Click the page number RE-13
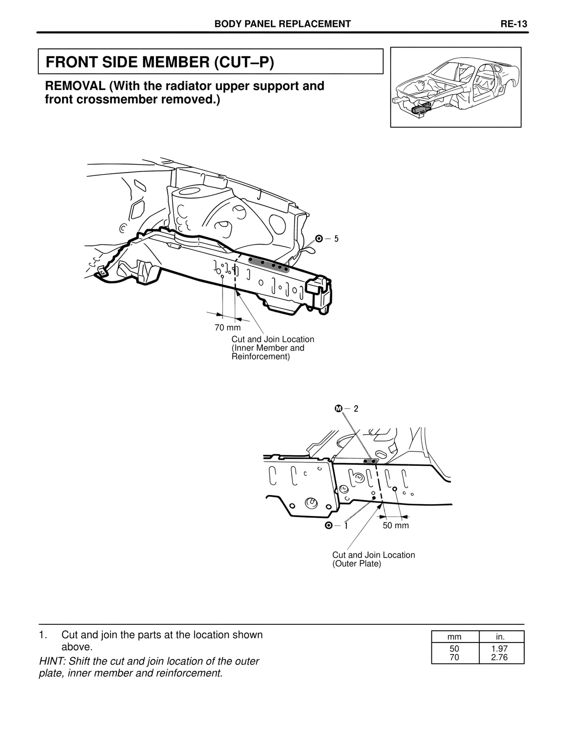pos(514,24)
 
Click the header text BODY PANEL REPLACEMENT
pos(283,24)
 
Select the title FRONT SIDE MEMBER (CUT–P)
pos(160,62)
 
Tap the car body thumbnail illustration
pos(456,87)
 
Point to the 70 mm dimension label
pos(228,328)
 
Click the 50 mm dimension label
pos(396,525)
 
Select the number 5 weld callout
pos(336,239)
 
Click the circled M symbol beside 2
pos(339,409)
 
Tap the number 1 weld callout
pos(346,526)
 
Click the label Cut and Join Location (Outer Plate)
pos(373,559)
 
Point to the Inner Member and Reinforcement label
pos(267,352)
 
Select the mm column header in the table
pos(454,637)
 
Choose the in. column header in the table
pos(500,637)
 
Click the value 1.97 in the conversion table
pos(500,649)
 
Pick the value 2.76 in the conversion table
pos(500,657)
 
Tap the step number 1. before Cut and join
pos(43,635)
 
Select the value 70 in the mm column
pos(454,657)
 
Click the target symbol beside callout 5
pos(319,239)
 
